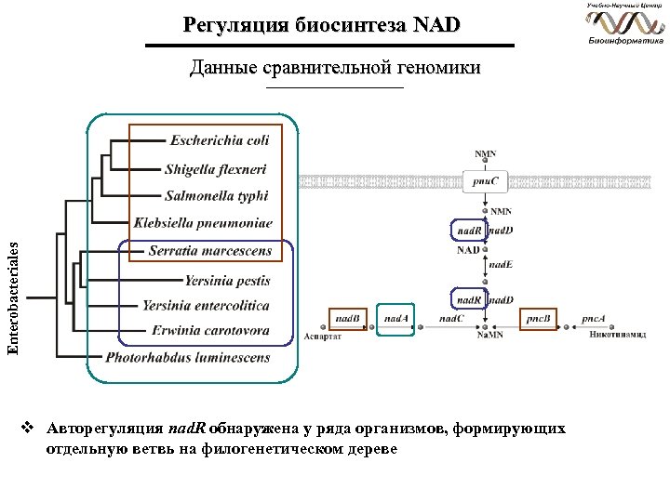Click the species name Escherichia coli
[220, 140]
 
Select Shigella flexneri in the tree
[215, 169]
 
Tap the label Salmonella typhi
[216, 196]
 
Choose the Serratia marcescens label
[210, 250]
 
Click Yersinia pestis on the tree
[227, 279]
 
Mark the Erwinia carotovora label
[212, 330]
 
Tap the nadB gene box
[349, 318]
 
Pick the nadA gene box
[396, 318]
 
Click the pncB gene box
[537, 319]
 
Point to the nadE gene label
[502, 264]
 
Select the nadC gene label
[452, 319]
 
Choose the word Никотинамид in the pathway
[617, 335]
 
